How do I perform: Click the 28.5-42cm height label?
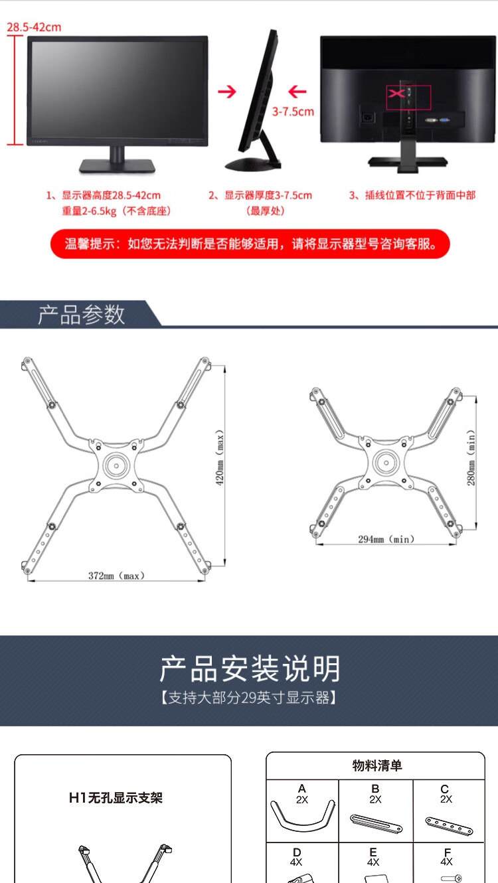[34, 27]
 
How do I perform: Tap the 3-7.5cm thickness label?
[293, 112]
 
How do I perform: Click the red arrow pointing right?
[227, 92]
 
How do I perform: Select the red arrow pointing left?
[297, 92]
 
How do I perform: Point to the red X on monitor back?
[396, 94]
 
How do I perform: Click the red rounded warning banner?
[250, 244]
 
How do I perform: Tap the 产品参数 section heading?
[82, 315]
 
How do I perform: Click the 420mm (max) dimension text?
[220, 457]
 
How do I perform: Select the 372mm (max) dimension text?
[116, 576]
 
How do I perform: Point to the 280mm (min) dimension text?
[471, 457]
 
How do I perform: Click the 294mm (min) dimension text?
[386, 539]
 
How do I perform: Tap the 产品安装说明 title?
[250, 669]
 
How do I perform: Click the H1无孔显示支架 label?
[116, 798]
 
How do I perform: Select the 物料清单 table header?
[377, 765]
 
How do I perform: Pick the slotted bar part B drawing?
[376, 823]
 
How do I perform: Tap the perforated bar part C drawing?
[449, 826]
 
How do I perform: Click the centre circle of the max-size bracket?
[116, 465]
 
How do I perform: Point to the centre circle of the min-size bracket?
[386, 462]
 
